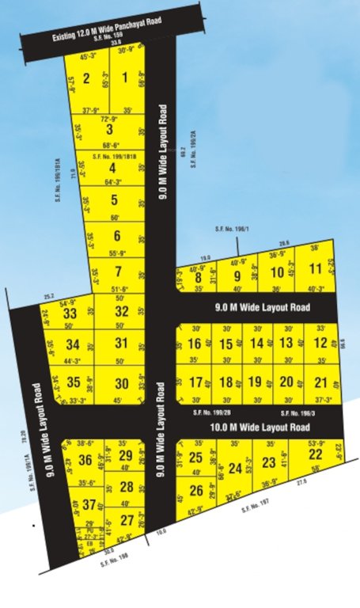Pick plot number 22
click(x=315, y=454)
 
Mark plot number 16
click(x=195, y=344)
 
